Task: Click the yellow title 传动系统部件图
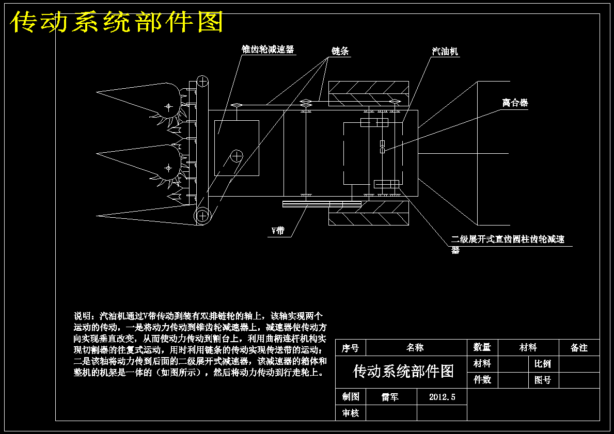point(117,22)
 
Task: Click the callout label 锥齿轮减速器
point(268,50)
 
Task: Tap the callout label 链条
point(340,51)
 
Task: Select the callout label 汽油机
point(445,51)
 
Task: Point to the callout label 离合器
point(515,103)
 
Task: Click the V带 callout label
point(278,231)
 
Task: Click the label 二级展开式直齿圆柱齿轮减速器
point(508,244)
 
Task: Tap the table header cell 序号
point(350,347)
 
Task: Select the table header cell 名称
point(415,347)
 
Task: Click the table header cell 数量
point(482,347)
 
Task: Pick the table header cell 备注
point(579,347)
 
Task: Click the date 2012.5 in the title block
point(442,397)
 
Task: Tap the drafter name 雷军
point(390,397)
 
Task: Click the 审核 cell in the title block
point(351,413)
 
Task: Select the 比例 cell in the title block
point(543,364)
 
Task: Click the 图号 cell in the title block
point(543,380)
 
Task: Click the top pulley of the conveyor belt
point(202,82)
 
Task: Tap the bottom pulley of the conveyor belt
point(202,215)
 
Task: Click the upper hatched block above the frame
point(369,94)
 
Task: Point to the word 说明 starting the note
point(83,316)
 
